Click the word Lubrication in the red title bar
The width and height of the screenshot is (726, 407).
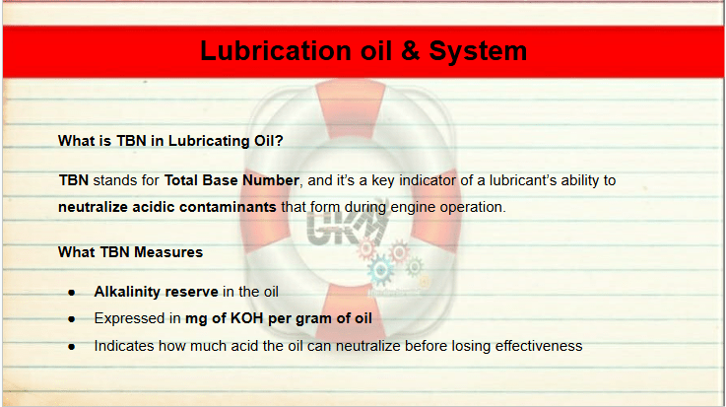[276, 50]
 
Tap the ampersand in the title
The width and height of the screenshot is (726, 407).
[410, 50]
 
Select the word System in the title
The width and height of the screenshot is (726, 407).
[478, 52]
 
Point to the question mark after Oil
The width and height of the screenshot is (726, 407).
[279, 141]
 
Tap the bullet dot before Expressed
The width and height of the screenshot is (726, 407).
[71, 319]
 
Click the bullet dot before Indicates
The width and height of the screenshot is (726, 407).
[71, 346]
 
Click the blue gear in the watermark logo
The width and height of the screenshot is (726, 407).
[380, 270]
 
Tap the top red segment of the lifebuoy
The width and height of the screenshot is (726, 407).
[351, 108]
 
